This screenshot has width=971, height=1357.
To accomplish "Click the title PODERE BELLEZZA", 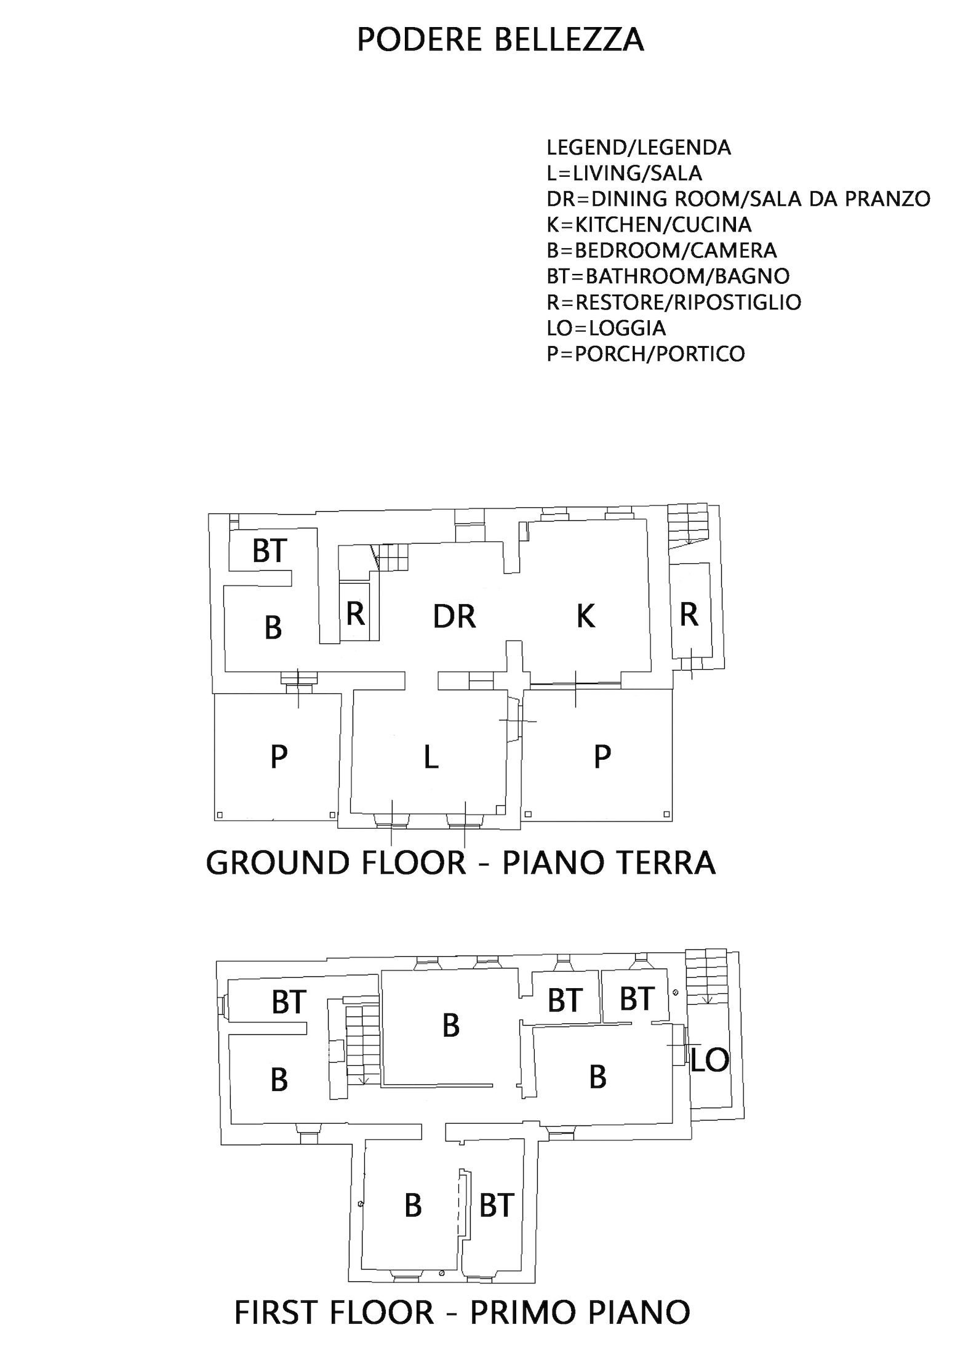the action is [500, 40].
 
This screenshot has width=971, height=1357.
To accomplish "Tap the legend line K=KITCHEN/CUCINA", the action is [649, 225].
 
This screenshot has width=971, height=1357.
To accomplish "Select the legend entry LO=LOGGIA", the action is [606, 328].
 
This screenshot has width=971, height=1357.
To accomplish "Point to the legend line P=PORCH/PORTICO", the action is [645, 354].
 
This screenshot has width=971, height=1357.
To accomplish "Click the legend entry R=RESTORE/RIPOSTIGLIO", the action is [674, 302].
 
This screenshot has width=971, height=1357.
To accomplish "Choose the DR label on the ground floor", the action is [454, 616].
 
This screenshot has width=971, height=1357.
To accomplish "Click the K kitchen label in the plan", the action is [586, 616].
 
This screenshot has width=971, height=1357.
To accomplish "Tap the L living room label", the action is [431, 757].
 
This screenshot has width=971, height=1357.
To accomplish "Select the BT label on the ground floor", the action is [270, 550].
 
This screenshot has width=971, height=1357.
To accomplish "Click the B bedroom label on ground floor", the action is [273, 628].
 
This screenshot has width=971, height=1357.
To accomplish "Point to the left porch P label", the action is [279, 757].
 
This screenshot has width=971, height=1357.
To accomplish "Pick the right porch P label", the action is [602, 757].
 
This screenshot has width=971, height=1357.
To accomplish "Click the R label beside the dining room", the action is [356, 614].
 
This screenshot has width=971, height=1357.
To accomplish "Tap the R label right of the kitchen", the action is [689, 614].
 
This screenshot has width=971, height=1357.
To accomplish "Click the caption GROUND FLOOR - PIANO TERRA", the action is [461, 863].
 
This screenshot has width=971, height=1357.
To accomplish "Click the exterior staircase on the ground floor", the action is [687, 525].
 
